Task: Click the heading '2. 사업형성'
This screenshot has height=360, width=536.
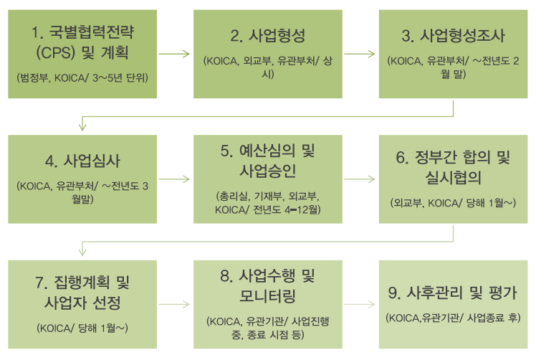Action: (x=268, y=37)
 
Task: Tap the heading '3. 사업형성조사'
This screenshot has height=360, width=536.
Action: (x=453, y=37)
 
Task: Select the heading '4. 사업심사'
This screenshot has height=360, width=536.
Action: (x=83, y=160)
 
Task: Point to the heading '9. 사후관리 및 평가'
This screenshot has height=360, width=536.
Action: (x=453, y=293)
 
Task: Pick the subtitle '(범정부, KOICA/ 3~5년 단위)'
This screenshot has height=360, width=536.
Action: (x=83, y=76)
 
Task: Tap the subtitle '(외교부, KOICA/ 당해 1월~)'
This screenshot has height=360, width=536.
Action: (x=453, y=203)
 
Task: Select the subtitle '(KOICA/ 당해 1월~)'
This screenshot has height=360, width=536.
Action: (x=83, y=328)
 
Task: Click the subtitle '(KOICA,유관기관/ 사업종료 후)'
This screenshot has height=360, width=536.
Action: (x=453, y=318)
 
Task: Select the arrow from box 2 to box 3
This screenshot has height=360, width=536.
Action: (x=359, y=53)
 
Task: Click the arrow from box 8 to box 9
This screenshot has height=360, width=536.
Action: (x=359, y=304)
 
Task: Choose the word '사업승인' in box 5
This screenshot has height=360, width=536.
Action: (x=268, y=172)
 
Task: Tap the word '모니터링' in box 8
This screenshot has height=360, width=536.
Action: (x=268, y=295)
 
